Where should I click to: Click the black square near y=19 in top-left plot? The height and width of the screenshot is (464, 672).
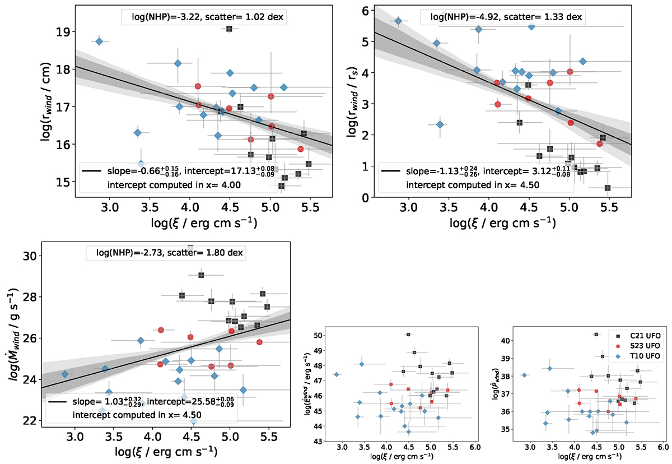pyautogui.click(x=229, y=29)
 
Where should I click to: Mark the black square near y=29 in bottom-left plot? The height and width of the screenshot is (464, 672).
pyautogui.click(x=201, y=275)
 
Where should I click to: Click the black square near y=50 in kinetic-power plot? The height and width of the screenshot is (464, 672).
pyautogui.click(x=408, y=335)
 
